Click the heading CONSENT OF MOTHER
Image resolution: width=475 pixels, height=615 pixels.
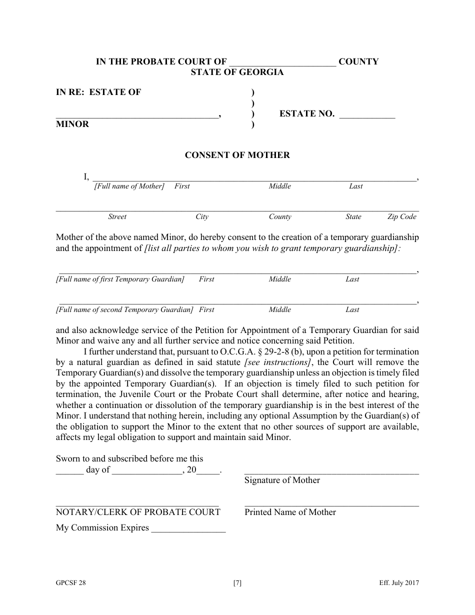tap(237, 155)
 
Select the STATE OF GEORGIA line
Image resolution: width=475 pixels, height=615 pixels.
tap(237, 72)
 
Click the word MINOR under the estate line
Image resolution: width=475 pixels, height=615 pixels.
tap(72, 124)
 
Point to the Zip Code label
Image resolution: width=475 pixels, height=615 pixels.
tap(401, 216)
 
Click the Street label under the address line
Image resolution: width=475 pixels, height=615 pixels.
tap(117, 216)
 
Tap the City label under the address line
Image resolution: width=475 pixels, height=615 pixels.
tap(201, 216)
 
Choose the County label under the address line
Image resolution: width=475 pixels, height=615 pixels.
tap(279, 216)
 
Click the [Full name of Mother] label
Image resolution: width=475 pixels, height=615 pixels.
tap(129, 186)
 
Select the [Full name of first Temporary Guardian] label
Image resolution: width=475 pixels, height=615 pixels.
tap(120, 279)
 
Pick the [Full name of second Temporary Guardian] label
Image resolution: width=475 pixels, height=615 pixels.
tap(124, 309)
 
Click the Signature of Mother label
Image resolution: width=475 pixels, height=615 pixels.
tap(282, 480)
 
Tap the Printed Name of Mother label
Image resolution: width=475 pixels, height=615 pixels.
tap(290, 511)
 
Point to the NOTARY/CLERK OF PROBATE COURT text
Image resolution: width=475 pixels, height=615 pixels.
tap(138, 511)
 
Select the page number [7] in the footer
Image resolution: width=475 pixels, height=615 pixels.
tap(237, 582)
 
